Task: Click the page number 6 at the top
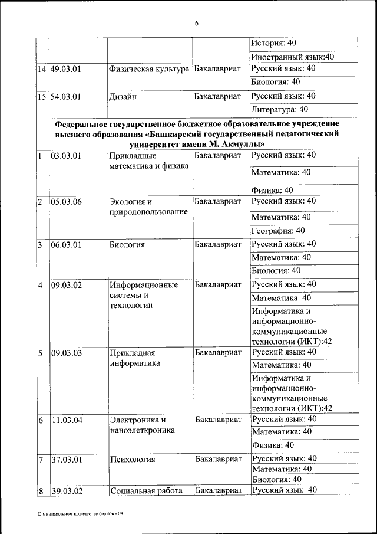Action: point(197,23)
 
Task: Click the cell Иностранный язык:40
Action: point(293,57)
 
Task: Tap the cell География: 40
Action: point(278,231)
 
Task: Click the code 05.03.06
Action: point(66,202)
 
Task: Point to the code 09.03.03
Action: point(66,353)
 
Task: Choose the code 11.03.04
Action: point(66,421)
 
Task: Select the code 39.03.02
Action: point(66,491)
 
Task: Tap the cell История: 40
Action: point(273,43)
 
